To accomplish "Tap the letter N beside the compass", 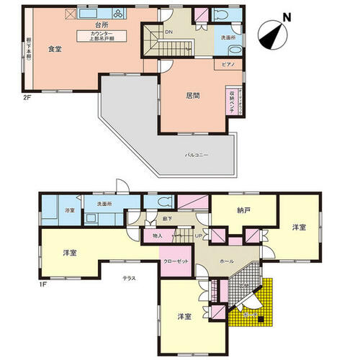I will coord(287,18).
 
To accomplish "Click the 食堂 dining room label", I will coord(54,49).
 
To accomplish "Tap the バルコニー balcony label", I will coord(197,155).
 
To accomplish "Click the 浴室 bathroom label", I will coord(50,210).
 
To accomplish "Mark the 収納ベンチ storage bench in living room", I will coord(231,97).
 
